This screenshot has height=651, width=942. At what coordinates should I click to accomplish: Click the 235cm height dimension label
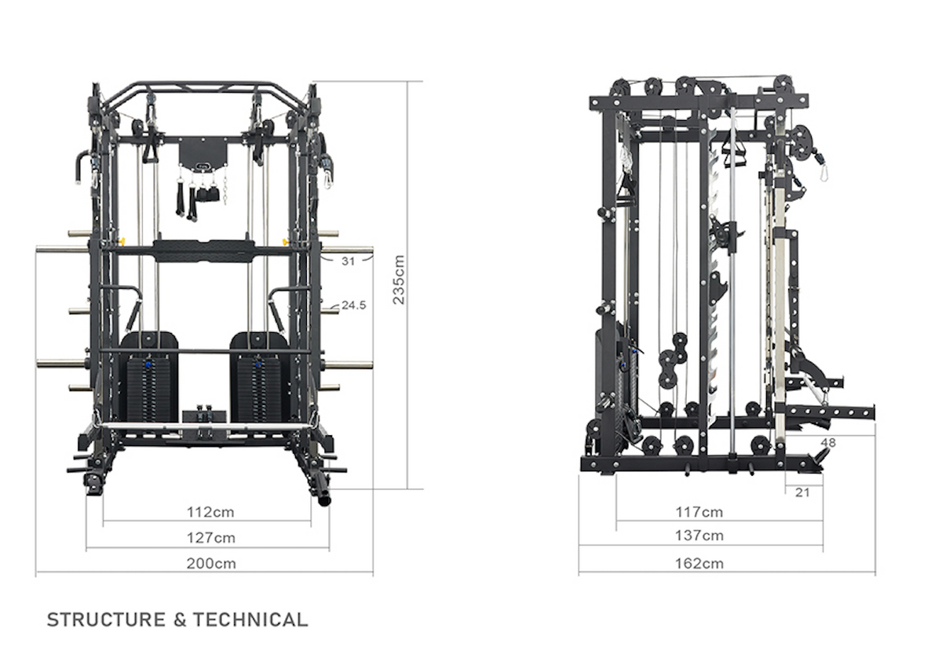pyautogui.click(x=400, y=280)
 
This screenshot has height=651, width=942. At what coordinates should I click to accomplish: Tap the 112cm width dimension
pyautogui.click(x=210, y=512)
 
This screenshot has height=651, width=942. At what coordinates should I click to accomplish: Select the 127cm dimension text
pyautogui.click(x=210, y=538)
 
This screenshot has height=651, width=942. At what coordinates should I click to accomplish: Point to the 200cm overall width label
pyautogui.click(x=210, y=563)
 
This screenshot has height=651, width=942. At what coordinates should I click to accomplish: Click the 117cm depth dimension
pyautogui.click(x=699, y=512)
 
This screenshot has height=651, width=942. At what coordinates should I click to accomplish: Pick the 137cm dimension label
pyautogui.click(x=699, y=536)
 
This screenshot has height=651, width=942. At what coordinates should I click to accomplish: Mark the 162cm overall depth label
pyautogui.click(x=699, y=563)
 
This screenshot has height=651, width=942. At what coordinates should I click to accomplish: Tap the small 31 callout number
pyautogui.click(x=349, y=261)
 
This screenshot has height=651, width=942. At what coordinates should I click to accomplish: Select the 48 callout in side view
pyautogui.click(x=828, y=443)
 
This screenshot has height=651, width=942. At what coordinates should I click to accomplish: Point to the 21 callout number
pyautogui.click(x=801, y=492)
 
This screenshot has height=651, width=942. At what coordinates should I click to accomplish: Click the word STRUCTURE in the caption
pyautogui.click(x=107, y=620)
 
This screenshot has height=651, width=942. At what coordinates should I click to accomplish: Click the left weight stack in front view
pyautogui.click(x=150, y=385)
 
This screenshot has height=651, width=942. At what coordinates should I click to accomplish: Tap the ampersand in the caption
pyautogui.click(x=180, y=620)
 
